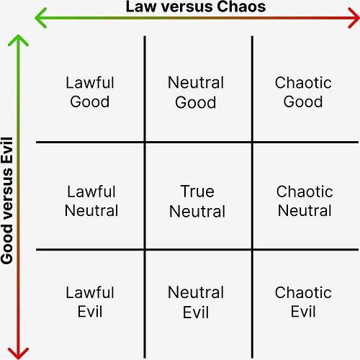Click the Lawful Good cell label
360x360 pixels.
[90, 92]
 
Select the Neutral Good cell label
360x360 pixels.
[196, 92]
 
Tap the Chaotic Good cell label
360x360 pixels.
[302, 92]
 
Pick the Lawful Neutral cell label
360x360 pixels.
[91, 202]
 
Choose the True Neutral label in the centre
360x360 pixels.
[197, 202]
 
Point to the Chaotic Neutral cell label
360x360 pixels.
[305, 202]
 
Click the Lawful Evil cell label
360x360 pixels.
[90, 302]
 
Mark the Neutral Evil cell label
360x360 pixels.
[196, 302]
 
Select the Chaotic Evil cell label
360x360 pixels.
[302, 302]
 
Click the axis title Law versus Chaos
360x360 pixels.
[195, 7]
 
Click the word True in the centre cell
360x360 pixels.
[197, 192]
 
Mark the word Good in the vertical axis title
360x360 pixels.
[9, 246]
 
